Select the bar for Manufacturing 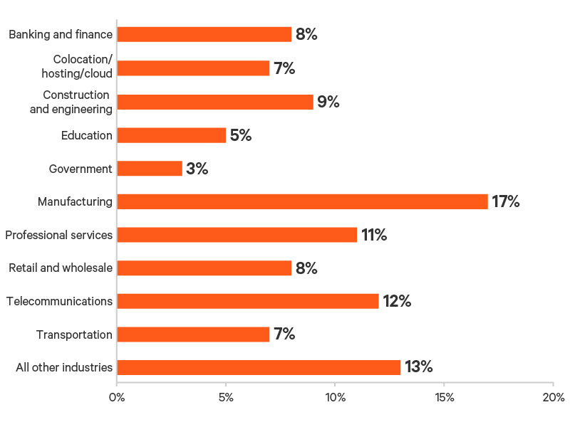point(302,201)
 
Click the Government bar point(149,169)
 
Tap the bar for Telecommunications point(247,301)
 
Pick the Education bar point(171,135)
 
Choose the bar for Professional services point(237,235)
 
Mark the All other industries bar point(259,367)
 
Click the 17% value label point(506,201)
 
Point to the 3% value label point(197,169)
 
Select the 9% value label point(328,102)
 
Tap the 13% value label point(419,367)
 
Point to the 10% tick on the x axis point(335,396)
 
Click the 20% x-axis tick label point(553,396)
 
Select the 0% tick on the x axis point(116,396)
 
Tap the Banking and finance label point(61,34)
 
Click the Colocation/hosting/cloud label point(83,66)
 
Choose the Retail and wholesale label point(61,268)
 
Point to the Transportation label point(74,334)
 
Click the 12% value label point(397,301)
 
